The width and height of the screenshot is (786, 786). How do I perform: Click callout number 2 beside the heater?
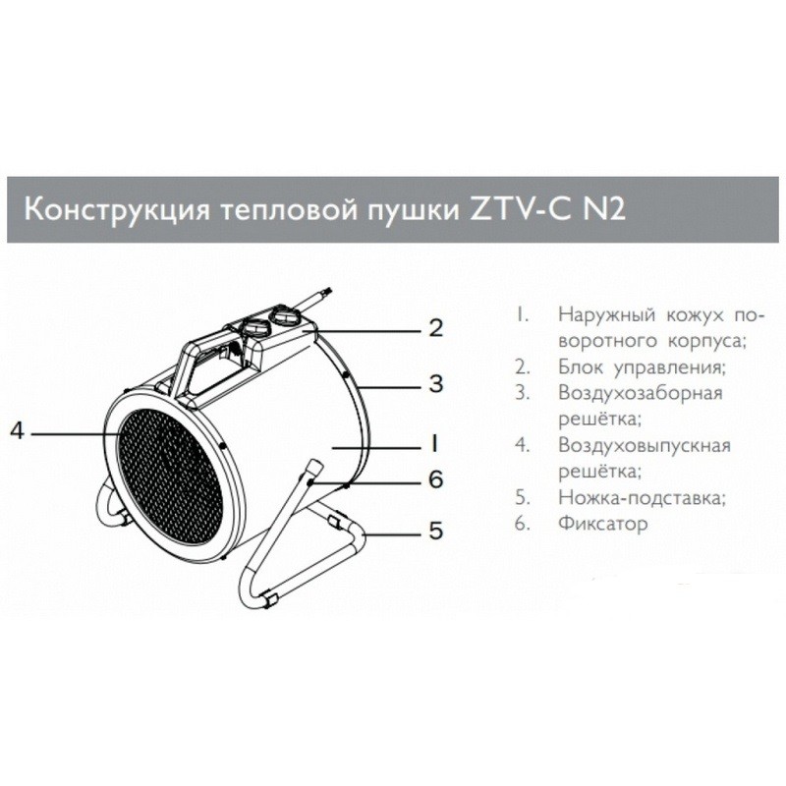(x=435, y=327)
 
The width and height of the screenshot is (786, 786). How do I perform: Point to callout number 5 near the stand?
(x=435, y=533)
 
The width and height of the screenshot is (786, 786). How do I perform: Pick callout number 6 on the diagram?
(x=435, y=479)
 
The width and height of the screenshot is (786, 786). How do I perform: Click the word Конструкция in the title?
(x=104, y=209)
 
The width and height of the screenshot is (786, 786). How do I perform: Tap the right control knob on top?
(x=288, y=317)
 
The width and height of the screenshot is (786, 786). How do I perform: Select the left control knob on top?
(x=254, y=329)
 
